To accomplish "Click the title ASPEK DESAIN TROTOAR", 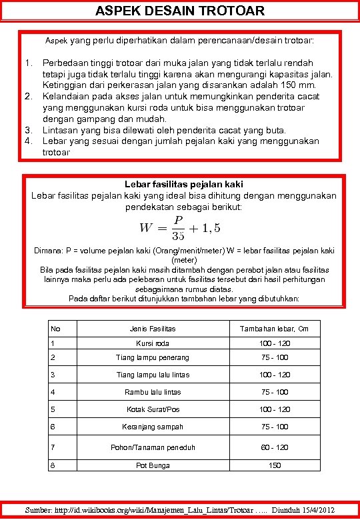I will pos(180,11).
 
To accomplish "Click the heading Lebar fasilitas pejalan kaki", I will pos(183,183).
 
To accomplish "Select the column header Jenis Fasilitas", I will pos(153,329).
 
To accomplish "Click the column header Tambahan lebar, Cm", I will pos(275,329).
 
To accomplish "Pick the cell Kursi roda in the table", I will pos(153,343).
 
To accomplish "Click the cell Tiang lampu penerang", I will pos(153,358).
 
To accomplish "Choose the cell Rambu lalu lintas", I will pos(153,392).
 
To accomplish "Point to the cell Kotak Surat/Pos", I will pos(153,409).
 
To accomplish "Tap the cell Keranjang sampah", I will pos(153,427).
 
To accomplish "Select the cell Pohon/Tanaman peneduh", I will pos(153,447).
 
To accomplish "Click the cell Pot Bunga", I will pos(153,465).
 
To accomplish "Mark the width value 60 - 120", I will pos(275,447).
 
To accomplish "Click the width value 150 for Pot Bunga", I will pos(275,465).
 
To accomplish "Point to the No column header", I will pos(55,329).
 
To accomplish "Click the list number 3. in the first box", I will pos(29,130).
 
